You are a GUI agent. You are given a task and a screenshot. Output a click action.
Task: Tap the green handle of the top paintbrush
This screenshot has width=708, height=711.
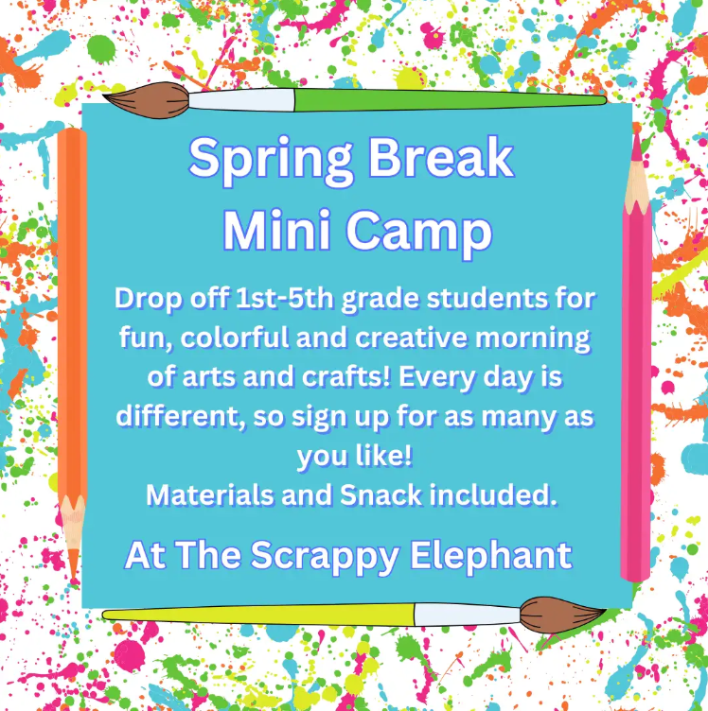tap(445, 99)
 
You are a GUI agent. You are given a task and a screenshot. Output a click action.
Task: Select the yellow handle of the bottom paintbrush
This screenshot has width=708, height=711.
tap(256, 615)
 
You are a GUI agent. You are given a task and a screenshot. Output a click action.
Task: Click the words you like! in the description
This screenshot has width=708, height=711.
tap(354, 455)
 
